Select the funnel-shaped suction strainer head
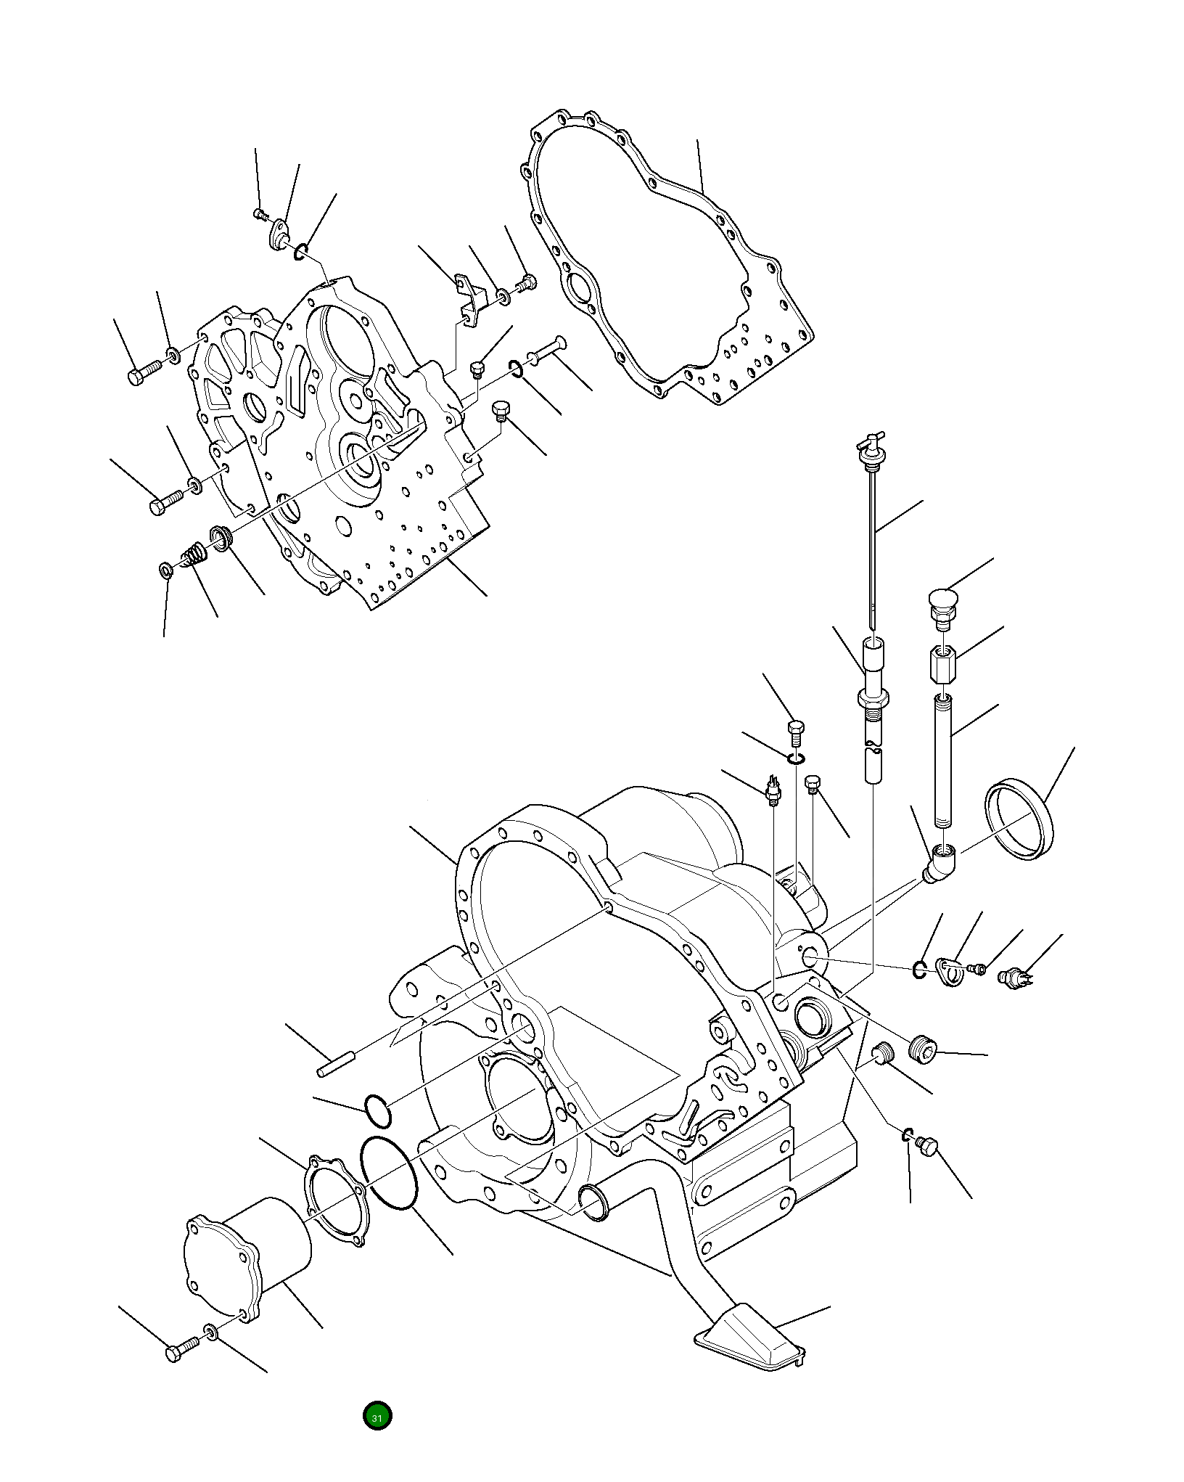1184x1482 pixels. [x=751, y=1334]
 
